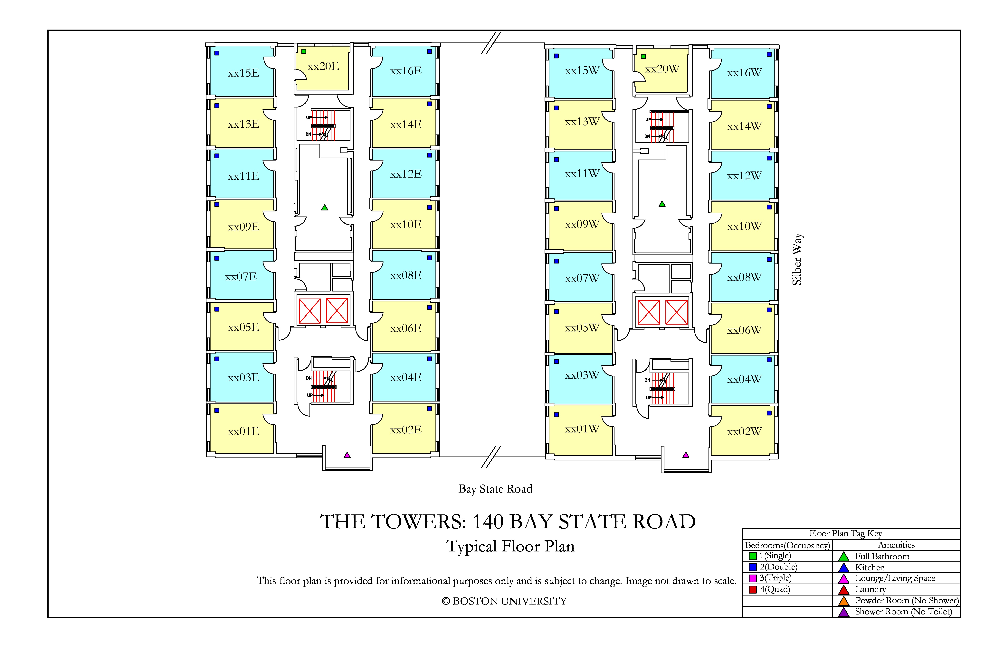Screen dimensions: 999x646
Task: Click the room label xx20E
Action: (x=323, y=66)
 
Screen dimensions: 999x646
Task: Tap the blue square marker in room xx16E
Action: (x=429, y=51)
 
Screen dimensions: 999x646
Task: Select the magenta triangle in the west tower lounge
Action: (x=686, y=455)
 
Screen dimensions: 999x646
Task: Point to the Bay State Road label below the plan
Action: (x=495, y=489)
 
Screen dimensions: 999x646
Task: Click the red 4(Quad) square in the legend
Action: (x=753, y=589)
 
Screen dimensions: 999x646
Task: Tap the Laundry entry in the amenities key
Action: (x=871, y=589)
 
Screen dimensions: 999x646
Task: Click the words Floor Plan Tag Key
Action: (x=846, y=534)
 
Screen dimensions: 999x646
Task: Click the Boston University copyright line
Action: (x=504, y=601)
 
